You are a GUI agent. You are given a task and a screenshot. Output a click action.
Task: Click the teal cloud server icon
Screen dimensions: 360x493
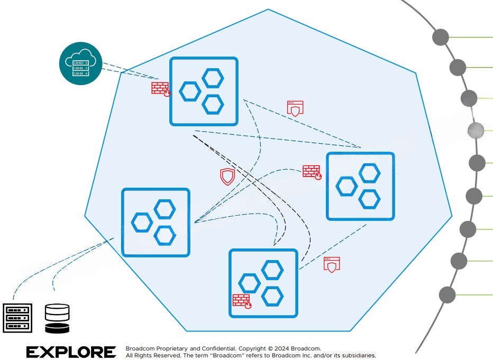pos(80,63)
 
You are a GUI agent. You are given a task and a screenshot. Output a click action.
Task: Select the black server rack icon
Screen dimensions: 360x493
pos(18,318)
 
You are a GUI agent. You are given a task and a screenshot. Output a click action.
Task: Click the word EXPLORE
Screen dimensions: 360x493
pos(71,352)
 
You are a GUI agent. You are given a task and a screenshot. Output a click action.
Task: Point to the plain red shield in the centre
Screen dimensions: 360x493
pos(227,177)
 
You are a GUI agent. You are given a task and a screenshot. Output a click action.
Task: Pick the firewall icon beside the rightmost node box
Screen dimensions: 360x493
pos(312,172)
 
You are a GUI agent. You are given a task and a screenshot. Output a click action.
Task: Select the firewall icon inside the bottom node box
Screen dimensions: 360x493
pos(242,300)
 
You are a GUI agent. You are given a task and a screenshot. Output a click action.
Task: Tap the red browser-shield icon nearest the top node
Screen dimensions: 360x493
pos(295,108)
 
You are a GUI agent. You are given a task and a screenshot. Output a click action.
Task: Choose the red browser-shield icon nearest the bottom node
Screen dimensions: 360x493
pos(331,264)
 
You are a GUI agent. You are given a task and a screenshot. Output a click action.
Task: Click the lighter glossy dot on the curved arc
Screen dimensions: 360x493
pos(476,130)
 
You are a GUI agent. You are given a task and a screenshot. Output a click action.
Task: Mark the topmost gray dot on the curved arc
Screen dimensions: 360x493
pos(441,38)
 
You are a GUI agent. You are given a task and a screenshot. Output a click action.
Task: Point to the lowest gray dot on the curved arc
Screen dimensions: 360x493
pos(447,294)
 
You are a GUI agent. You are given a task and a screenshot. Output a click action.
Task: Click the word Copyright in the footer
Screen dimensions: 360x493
pos(252,349)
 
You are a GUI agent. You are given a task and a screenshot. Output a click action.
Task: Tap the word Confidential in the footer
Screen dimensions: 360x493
pos(218,349)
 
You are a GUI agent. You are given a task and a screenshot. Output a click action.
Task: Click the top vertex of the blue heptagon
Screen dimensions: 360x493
pos(269,10)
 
